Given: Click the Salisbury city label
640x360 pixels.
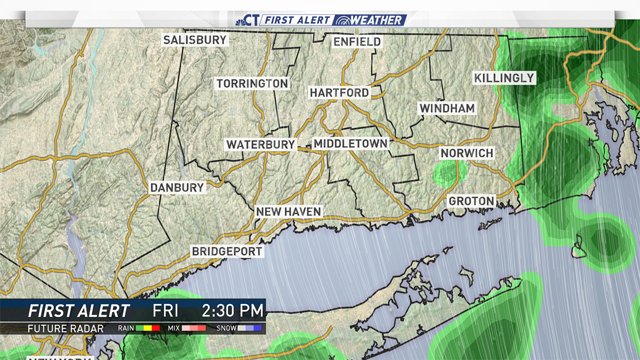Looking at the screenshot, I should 195,40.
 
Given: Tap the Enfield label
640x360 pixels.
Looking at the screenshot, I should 357,42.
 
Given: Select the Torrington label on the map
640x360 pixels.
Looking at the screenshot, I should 252,84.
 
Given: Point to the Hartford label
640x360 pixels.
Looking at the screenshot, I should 339,93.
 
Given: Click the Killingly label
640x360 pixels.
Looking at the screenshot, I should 503,78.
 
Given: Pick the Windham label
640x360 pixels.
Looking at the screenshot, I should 446,109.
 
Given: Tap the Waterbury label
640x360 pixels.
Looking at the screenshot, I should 260,145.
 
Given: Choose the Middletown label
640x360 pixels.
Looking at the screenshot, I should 350,144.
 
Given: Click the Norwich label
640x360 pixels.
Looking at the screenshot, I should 467,154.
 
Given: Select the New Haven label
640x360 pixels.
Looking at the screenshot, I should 289,212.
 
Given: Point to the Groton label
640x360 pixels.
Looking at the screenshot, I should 471,202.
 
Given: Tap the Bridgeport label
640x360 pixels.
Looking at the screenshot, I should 227,251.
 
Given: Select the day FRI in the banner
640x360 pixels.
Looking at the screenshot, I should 165,310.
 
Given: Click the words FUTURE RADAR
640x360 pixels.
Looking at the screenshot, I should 66,329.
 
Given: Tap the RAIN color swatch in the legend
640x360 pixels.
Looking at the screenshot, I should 148,329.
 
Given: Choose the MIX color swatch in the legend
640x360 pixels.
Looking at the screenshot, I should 194,329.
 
